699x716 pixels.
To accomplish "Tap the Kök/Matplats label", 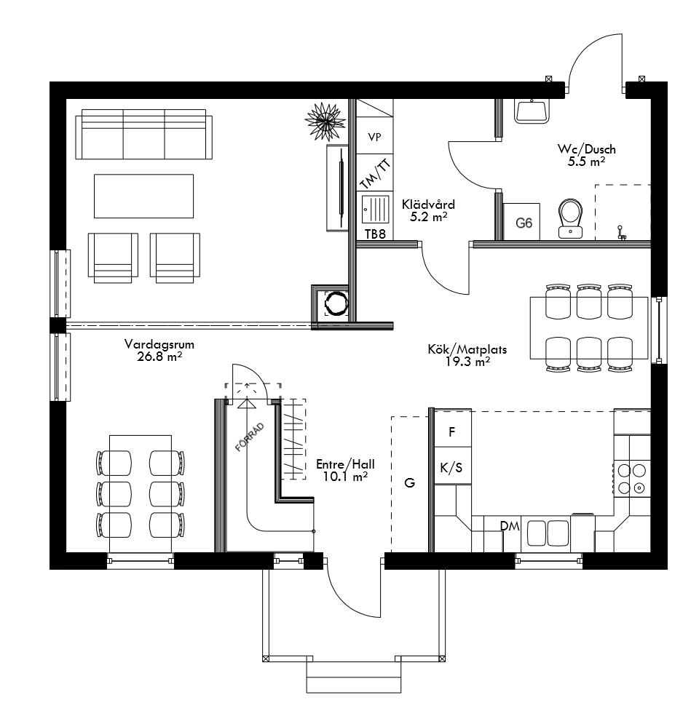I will [x=467, y=355].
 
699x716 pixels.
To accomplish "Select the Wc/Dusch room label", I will [x=587, y=155].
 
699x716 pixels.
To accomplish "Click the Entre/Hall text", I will [x=345, y=470].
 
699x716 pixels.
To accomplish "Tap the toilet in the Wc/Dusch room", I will [x=570, y=218].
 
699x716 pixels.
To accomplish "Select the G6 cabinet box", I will [x=523, y=223].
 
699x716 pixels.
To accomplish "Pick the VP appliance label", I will [x=374, y=137].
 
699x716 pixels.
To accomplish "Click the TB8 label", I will [x=374, y=234].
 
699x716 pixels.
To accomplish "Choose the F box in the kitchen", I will [x=451, y=431].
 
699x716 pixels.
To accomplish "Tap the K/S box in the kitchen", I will [x=451, y=468].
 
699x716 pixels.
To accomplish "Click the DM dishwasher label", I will [x=509, y=526].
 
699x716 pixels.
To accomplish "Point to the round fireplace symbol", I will [x=337, y=303].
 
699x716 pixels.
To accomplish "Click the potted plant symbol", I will [x=324, y=118].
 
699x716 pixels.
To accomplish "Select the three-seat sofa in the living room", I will [x=144, y=135].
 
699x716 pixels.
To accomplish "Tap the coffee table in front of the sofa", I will [x=143, y=196].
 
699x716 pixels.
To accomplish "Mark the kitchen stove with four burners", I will [x=631, y=478].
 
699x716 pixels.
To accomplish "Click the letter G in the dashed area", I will [x=410, y=482].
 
